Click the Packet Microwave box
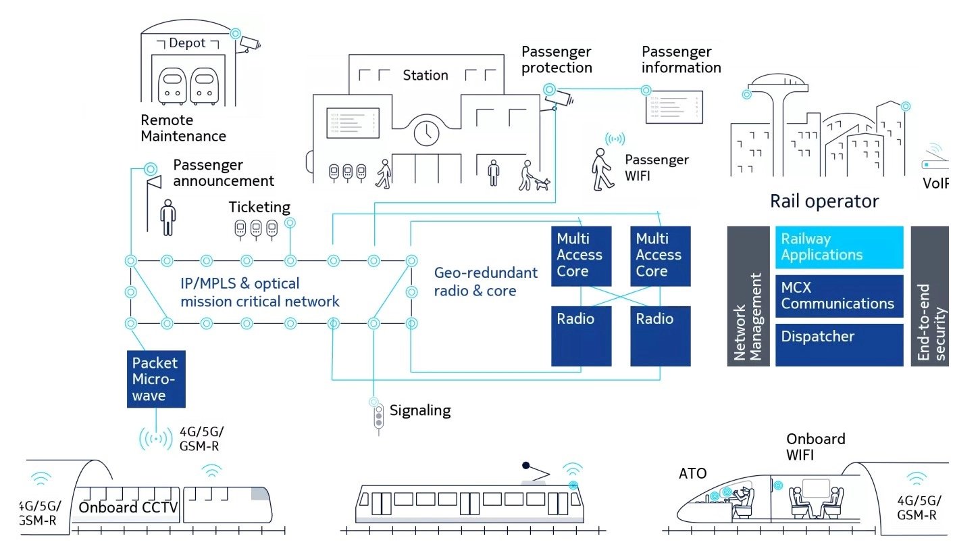coord(156,379)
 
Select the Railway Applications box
coord(839,247)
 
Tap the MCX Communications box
coord(839,295)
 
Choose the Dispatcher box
coord(839,345)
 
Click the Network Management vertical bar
coord(748,296)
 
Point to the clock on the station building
coord(426,133)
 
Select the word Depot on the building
coord(187,43)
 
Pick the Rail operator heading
coord(824,201)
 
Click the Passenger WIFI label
coord(656,168)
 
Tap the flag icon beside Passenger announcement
coord(155,181)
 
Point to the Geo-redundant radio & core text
coord(486,282)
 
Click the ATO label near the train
coord(692,473)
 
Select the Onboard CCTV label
coord(128,508)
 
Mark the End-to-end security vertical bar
coord(929,296)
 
